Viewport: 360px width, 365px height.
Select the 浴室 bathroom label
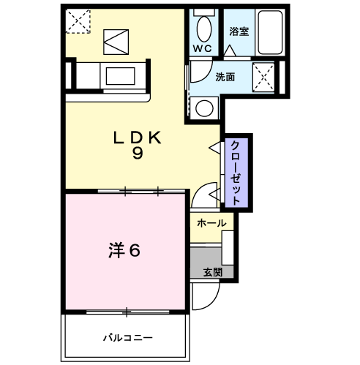tap(239, 31)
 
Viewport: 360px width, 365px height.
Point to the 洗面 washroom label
tap(225, 77)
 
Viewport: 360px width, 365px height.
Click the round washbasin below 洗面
tap(204, 108)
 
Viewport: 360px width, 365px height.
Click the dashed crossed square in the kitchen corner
tap(77, 21)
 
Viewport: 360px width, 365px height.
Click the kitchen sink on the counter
tap(118, 75)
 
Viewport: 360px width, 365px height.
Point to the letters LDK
tap(137, 137)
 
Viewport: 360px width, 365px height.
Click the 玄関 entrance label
tap(212, 272)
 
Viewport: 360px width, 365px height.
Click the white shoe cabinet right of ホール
tap(228, 247)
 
